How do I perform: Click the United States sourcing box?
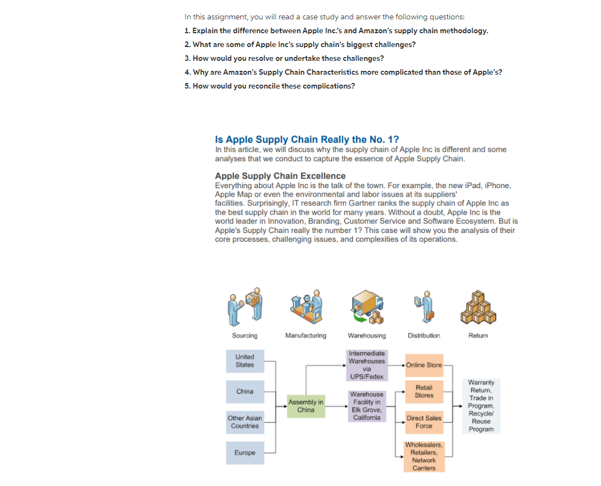[245, 361]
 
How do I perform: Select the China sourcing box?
[245, 392]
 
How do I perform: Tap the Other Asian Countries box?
[245, 422]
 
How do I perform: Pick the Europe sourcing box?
[245, 453]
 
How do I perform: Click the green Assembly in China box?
[305, 406]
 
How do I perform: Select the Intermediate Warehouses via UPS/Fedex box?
[366, 365]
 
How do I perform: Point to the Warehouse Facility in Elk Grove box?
[366, 406]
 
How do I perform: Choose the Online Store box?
[424, 365]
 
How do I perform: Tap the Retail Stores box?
[424, 392]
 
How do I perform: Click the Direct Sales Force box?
[424, 422]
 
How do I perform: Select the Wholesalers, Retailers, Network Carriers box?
[424, 457]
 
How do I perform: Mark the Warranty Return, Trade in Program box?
[481, 406]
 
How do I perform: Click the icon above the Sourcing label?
[245, 305]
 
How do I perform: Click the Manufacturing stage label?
[305, 335]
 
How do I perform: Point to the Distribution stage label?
[424, 335]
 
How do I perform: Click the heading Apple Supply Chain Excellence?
[280, 176]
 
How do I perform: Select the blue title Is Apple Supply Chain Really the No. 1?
[307, 139]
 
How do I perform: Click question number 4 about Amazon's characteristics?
[343, 72]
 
